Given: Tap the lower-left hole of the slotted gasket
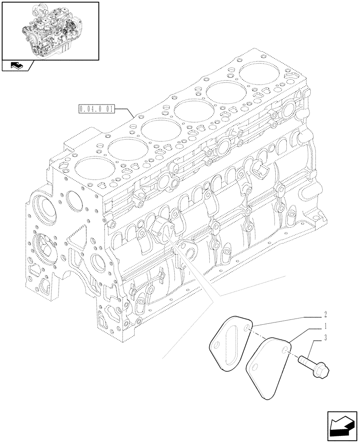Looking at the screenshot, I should click(217, 346).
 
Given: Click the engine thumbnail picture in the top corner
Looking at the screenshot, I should click(50, 30).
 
